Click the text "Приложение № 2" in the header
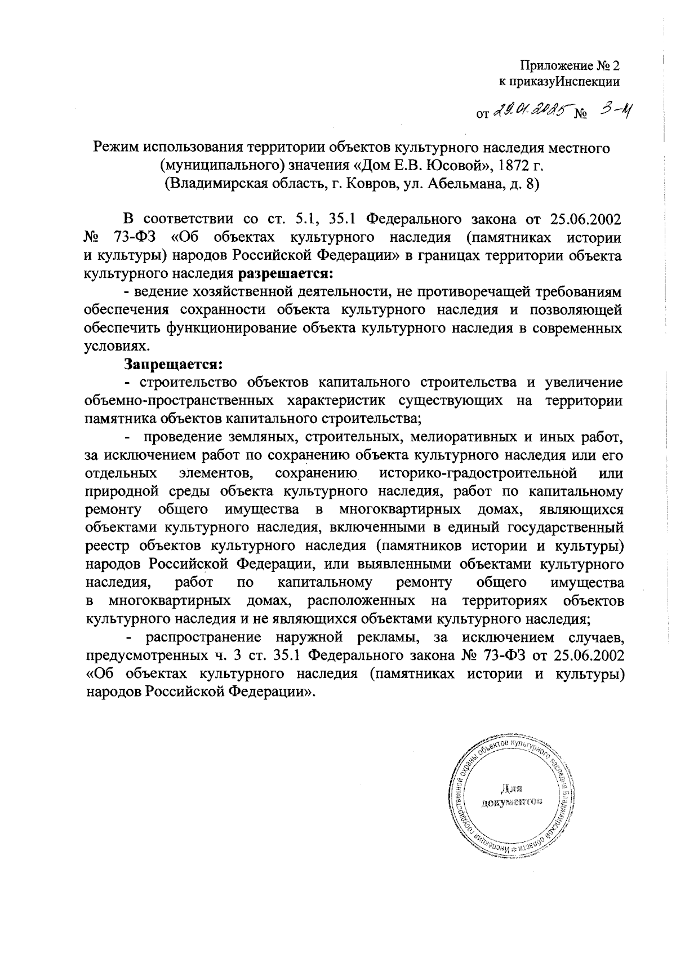569,65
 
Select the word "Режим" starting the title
115,148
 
